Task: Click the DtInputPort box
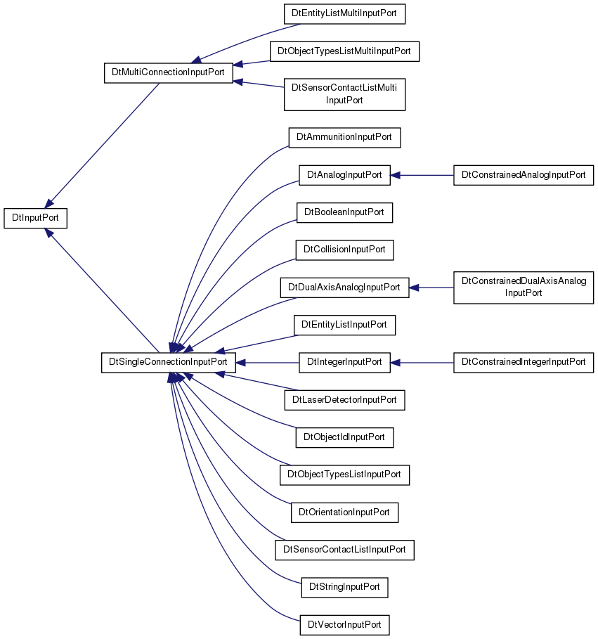pyautogui.click(x=35, y=218)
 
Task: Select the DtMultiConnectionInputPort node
pyautogui.click(x=168, y=73)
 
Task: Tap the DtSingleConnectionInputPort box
pyautogui.click(x=168, y=362)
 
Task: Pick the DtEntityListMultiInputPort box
pyautogui.click(x=344, y=14)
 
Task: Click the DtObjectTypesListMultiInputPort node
pyautogui.click(x=344, y=51)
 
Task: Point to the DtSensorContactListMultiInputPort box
pyautogui.click(x=344, y=94)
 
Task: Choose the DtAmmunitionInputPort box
pyautogui.click(x=344, y=137)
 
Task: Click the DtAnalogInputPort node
pyautogui.click(x=344, y=175)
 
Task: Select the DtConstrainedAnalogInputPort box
pyautogui.click(x=524, y=175)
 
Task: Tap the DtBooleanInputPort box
pyautogui.click(x=344, y=213)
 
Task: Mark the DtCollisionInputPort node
pyautogui.click(x=344, y=250)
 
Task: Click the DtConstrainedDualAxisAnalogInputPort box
pyautogui.click(x=524, y=288)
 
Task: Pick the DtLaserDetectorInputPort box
pyautogui.click(x=344, y=400)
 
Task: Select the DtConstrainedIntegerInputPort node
pyautogui.click(x=524, y=362)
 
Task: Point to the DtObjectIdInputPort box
pyautogui.click(x=344, y=437)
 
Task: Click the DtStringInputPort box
pyautogui.click(x=344, y=587)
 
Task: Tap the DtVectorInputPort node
pyautogui.click(x=344, y=625)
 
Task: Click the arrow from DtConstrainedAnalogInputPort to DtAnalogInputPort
pyautogui.click(x=422, y=175)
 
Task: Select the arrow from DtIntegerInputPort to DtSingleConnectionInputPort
pyautogui.click(x=267, y=362)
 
